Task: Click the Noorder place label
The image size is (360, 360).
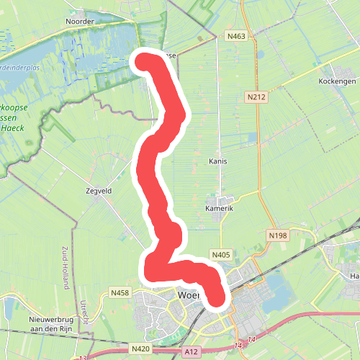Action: tap(79, 22)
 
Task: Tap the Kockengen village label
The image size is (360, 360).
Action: tap(336, 82)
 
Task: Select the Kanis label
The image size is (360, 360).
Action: tap(217, 161)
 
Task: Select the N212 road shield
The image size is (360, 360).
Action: tap(254, 96)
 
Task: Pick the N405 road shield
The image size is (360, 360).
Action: tap(220, 254)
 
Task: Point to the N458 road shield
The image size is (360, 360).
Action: tap(120, 292)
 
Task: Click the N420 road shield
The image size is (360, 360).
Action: tap(140, 349)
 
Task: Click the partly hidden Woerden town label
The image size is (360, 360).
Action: tap(189, 295)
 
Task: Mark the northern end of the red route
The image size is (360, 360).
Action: tap(143, 61)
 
